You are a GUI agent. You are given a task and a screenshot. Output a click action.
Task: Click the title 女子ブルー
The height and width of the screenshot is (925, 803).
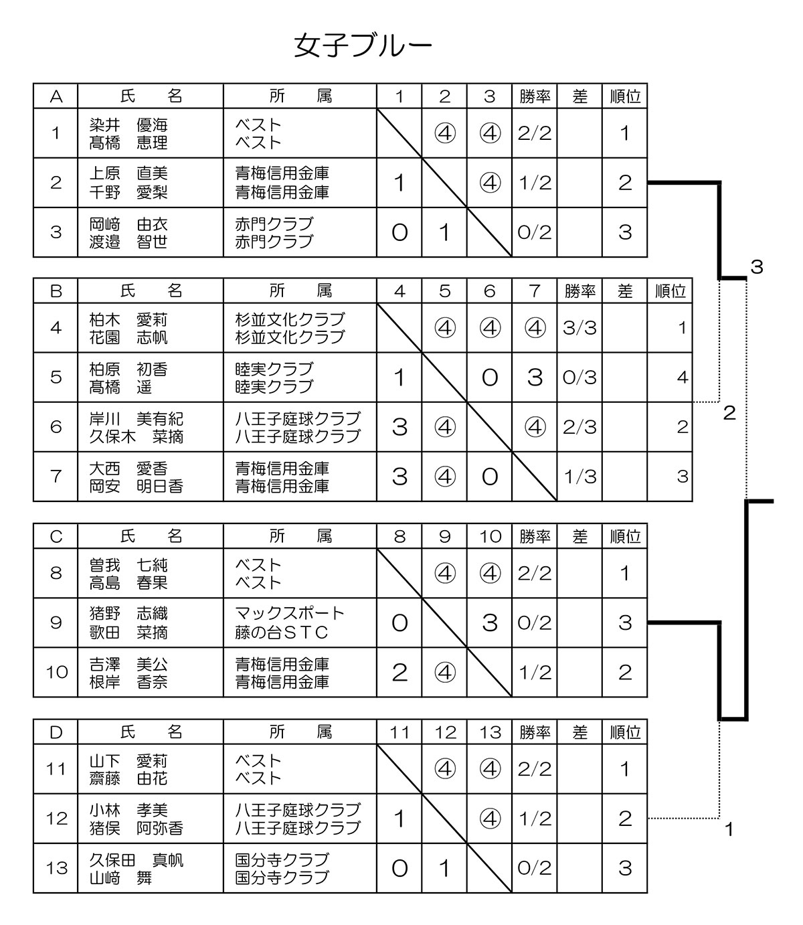pos(363,46)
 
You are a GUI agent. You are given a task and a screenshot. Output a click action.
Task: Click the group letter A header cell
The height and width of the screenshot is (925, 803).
pos(56,96)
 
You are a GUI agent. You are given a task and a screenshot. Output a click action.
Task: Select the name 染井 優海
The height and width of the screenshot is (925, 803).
pos(128,124)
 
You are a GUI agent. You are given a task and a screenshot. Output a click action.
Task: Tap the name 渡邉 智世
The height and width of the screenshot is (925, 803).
pos(128,242)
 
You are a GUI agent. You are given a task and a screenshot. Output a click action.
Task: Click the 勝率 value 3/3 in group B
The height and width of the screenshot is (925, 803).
pos(579,328)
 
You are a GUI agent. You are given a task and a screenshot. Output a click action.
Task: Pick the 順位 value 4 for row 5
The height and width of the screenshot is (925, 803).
pos(682,377)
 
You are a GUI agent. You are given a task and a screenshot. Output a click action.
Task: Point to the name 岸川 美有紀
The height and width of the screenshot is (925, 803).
pos(136,419)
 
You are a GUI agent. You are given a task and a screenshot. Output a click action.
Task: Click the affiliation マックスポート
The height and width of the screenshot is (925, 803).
pos(290,613)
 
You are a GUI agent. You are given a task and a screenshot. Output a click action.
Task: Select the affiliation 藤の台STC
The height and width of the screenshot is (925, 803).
pos(281,632)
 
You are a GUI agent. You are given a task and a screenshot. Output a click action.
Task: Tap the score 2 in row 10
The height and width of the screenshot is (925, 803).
pos(399,672)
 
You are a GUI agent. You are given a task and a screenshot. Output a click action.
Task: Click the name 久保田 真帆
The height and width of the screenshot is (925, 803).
pos(136,860)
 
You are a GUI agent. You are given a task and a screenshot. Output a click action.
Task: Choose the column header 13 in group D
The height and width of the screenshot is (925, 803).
pos(490,732)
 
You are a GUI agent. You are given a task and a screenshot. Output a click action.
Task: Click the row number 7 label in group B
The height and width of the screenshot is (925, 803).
pos(56,476)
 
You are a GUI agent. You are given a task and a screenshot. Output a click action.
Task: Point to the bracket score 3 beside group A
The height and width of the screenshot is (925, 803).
pos(757,267)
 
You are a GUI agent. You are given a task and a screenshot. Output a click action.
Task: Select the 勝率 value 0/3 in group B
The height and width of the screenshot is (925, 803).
pos(579,377)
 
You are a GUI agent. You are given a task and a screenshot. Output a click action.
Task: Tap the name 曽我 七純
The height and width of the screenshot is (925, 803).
pos(128,565)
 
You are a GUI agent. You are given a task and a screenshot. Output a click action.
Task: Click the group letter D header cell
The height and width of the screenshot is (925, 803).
pos(56,732)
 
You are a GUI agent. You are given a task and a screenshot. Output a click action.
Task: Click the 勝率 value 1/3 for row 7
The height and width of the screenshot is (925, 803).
pos(580,477)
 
